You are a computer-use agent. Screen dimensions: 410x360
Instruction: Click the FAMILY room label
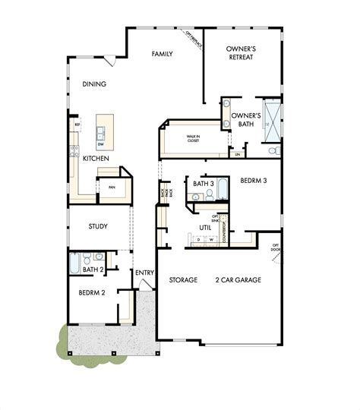(162, 54)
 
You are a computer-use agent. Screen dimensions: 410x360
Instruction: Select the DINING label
(94, 84)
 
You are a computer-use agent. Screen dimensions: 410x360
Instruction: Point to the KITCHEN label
(96, 158)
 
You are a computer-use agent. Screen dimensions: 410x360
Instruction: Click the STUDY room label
(97, 226)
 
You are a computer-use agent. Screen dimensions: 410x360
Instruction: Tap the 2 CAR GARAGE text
(238, 280)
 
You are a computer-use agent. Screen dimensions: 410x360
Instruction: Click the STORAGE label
(183, 280)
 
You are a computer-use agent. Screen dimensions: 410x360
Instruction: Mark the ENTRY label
(144, 273)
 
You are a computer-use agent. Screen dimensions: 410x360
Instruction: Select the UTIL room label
(205, 227)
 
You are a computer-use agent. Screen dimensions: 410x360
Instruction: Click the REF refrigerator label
(77, 124)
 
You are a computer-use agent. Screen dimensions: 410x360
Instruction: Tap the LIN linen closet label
(238, 154)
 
